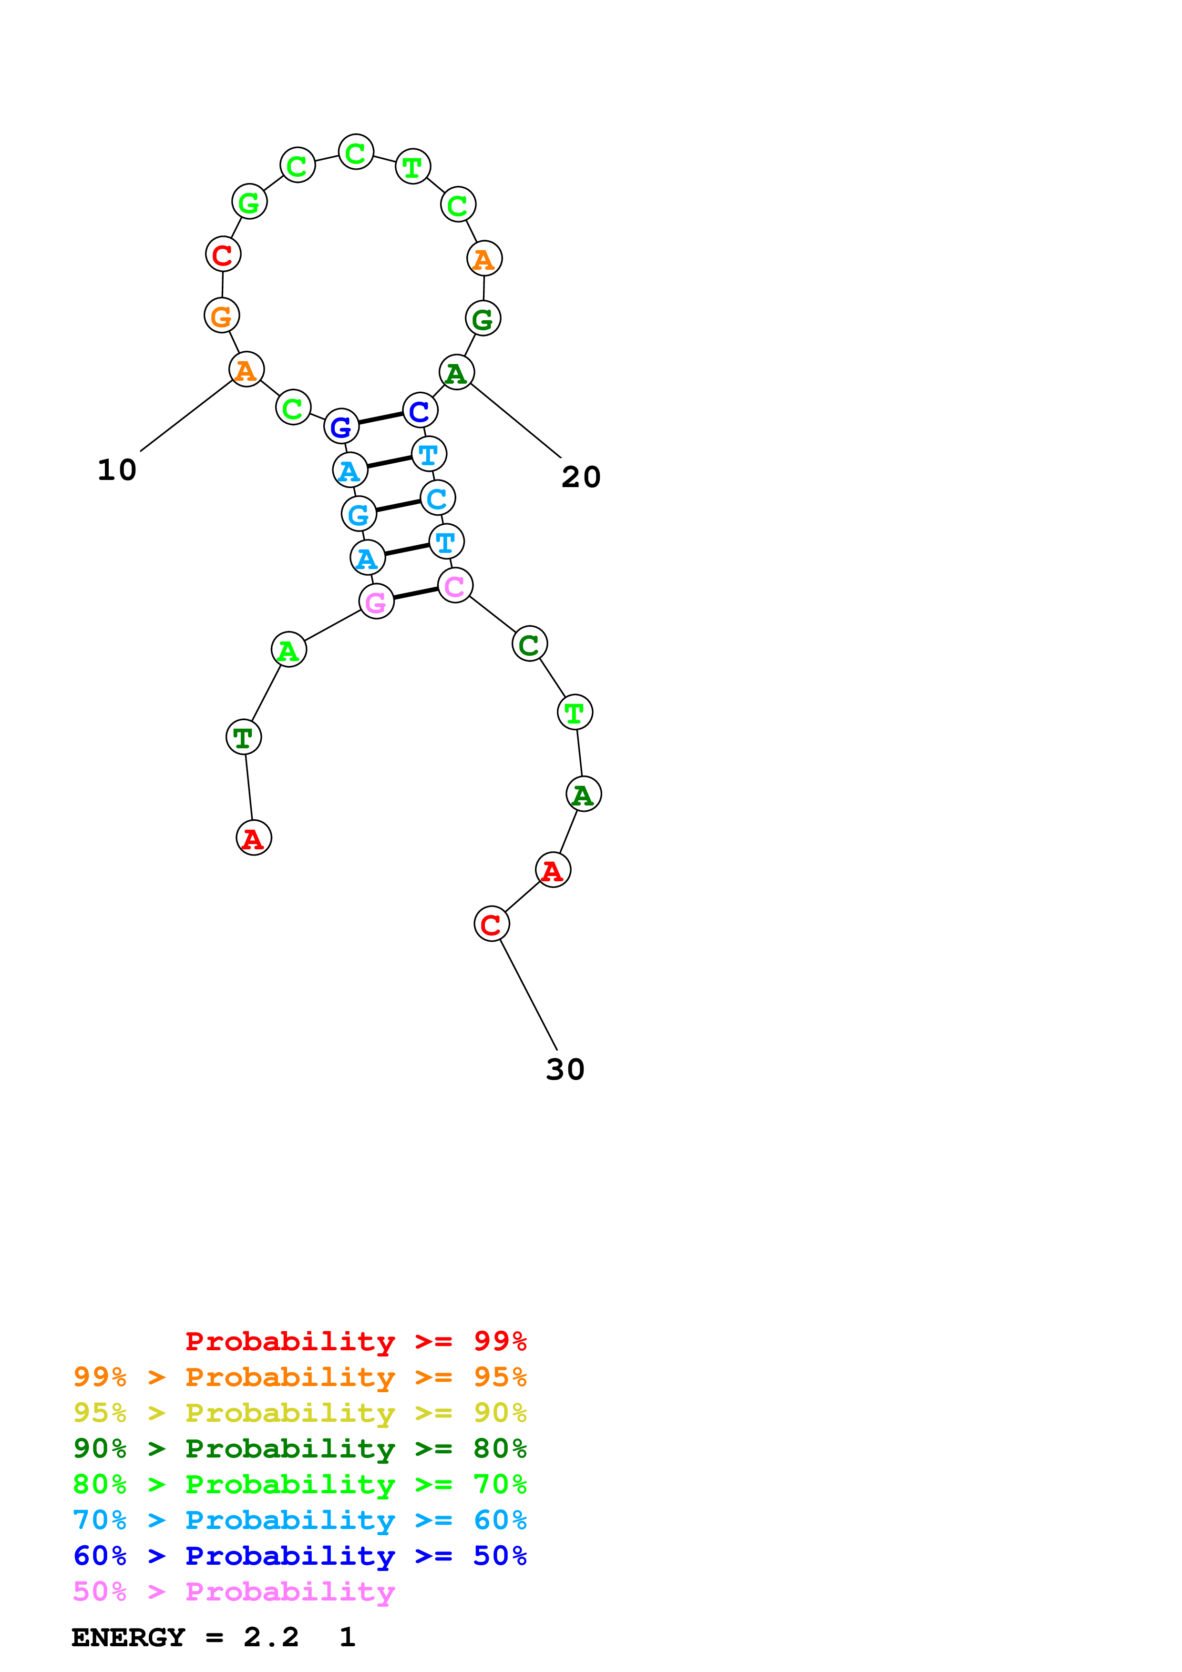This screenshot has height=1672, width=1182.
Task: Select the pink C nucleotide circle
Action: [455, 585]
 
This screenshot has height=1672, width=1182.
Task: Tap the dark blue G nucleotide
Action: [341, 427]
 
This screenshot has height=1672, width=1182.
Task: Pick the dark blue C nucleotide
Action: [420, 411]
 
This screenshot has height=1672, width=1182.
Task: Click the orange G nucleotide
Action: [221, 316]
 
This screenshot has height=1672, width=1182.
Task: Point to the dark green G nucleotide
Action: [483, 318]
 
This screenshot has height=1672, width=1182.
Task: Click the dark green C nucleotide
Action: [529, 644]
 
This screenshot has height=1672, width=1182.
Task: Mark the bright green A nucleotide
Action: [288, 650]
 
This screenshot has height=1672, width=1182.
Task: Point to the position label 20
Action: [580, 477]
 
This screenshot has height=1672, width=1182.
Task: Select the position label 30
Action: [565, 1070]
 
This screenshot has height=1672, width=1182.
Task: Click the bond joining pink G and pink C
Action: [416, 593]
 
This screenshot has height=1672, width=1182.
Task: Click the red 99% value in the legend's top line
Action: [500, 1341]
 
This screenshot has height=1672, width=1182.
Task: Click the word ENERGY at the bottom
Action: [128, 1637]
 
